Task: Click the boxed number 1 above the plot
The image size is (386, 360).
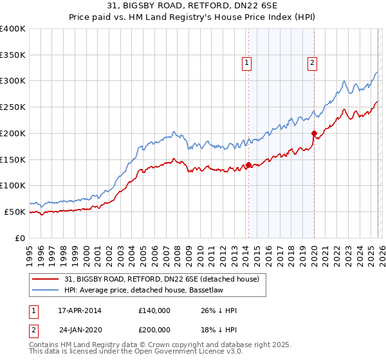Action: [x=248, y=63]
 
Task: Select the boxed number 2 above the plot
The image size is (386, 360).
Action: [x=312, y=63]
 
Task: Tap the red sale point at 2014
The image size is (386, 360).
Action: [x=248, y=165]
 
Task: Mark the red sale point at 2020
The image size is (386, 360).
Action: [x=315, y=133]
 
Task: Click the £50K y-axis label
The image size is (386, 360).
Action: [x=15, y=212]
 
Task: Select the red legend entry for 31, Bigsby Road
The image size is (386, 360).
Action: [x=161, y=279]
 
